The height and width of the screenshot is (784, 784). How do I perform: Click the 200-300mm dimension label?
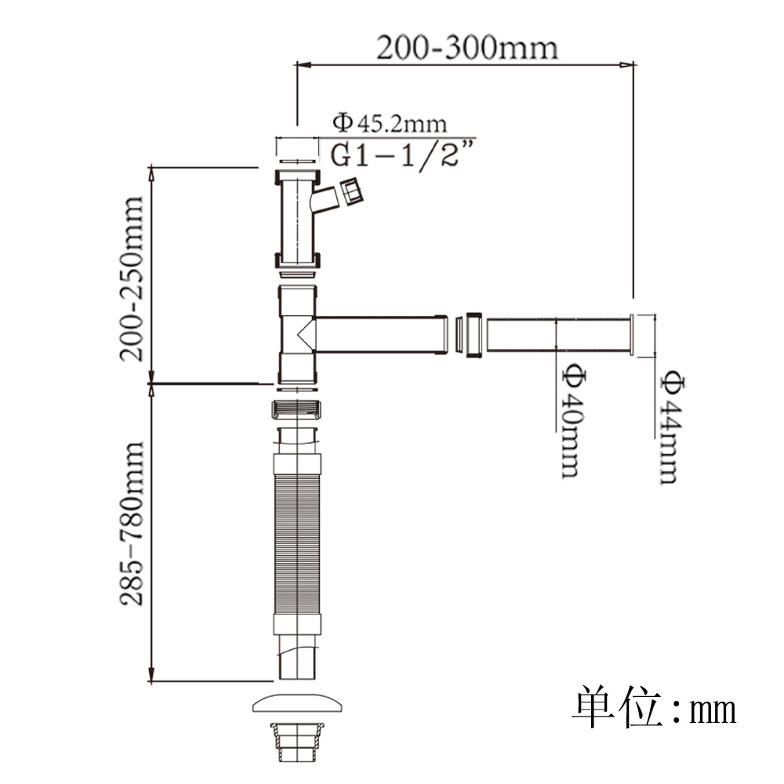pos(466,48)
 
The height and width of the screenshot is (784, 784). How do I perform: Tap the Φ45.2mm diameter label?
pos(390,123)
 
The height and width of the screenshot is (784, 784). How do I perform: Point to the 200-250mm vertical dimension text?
pos(132,278)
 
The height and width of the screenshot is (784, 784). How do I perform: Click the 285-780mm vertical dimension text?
pos(132,524)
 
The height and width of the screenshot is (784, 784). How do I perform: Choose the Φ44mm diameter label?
pos(670,427)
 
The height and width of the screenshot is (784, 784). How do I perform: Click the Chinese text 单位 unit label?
pos(618,706)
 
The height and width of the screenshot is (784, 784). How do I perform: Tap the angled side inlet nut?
pos(351,191)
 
